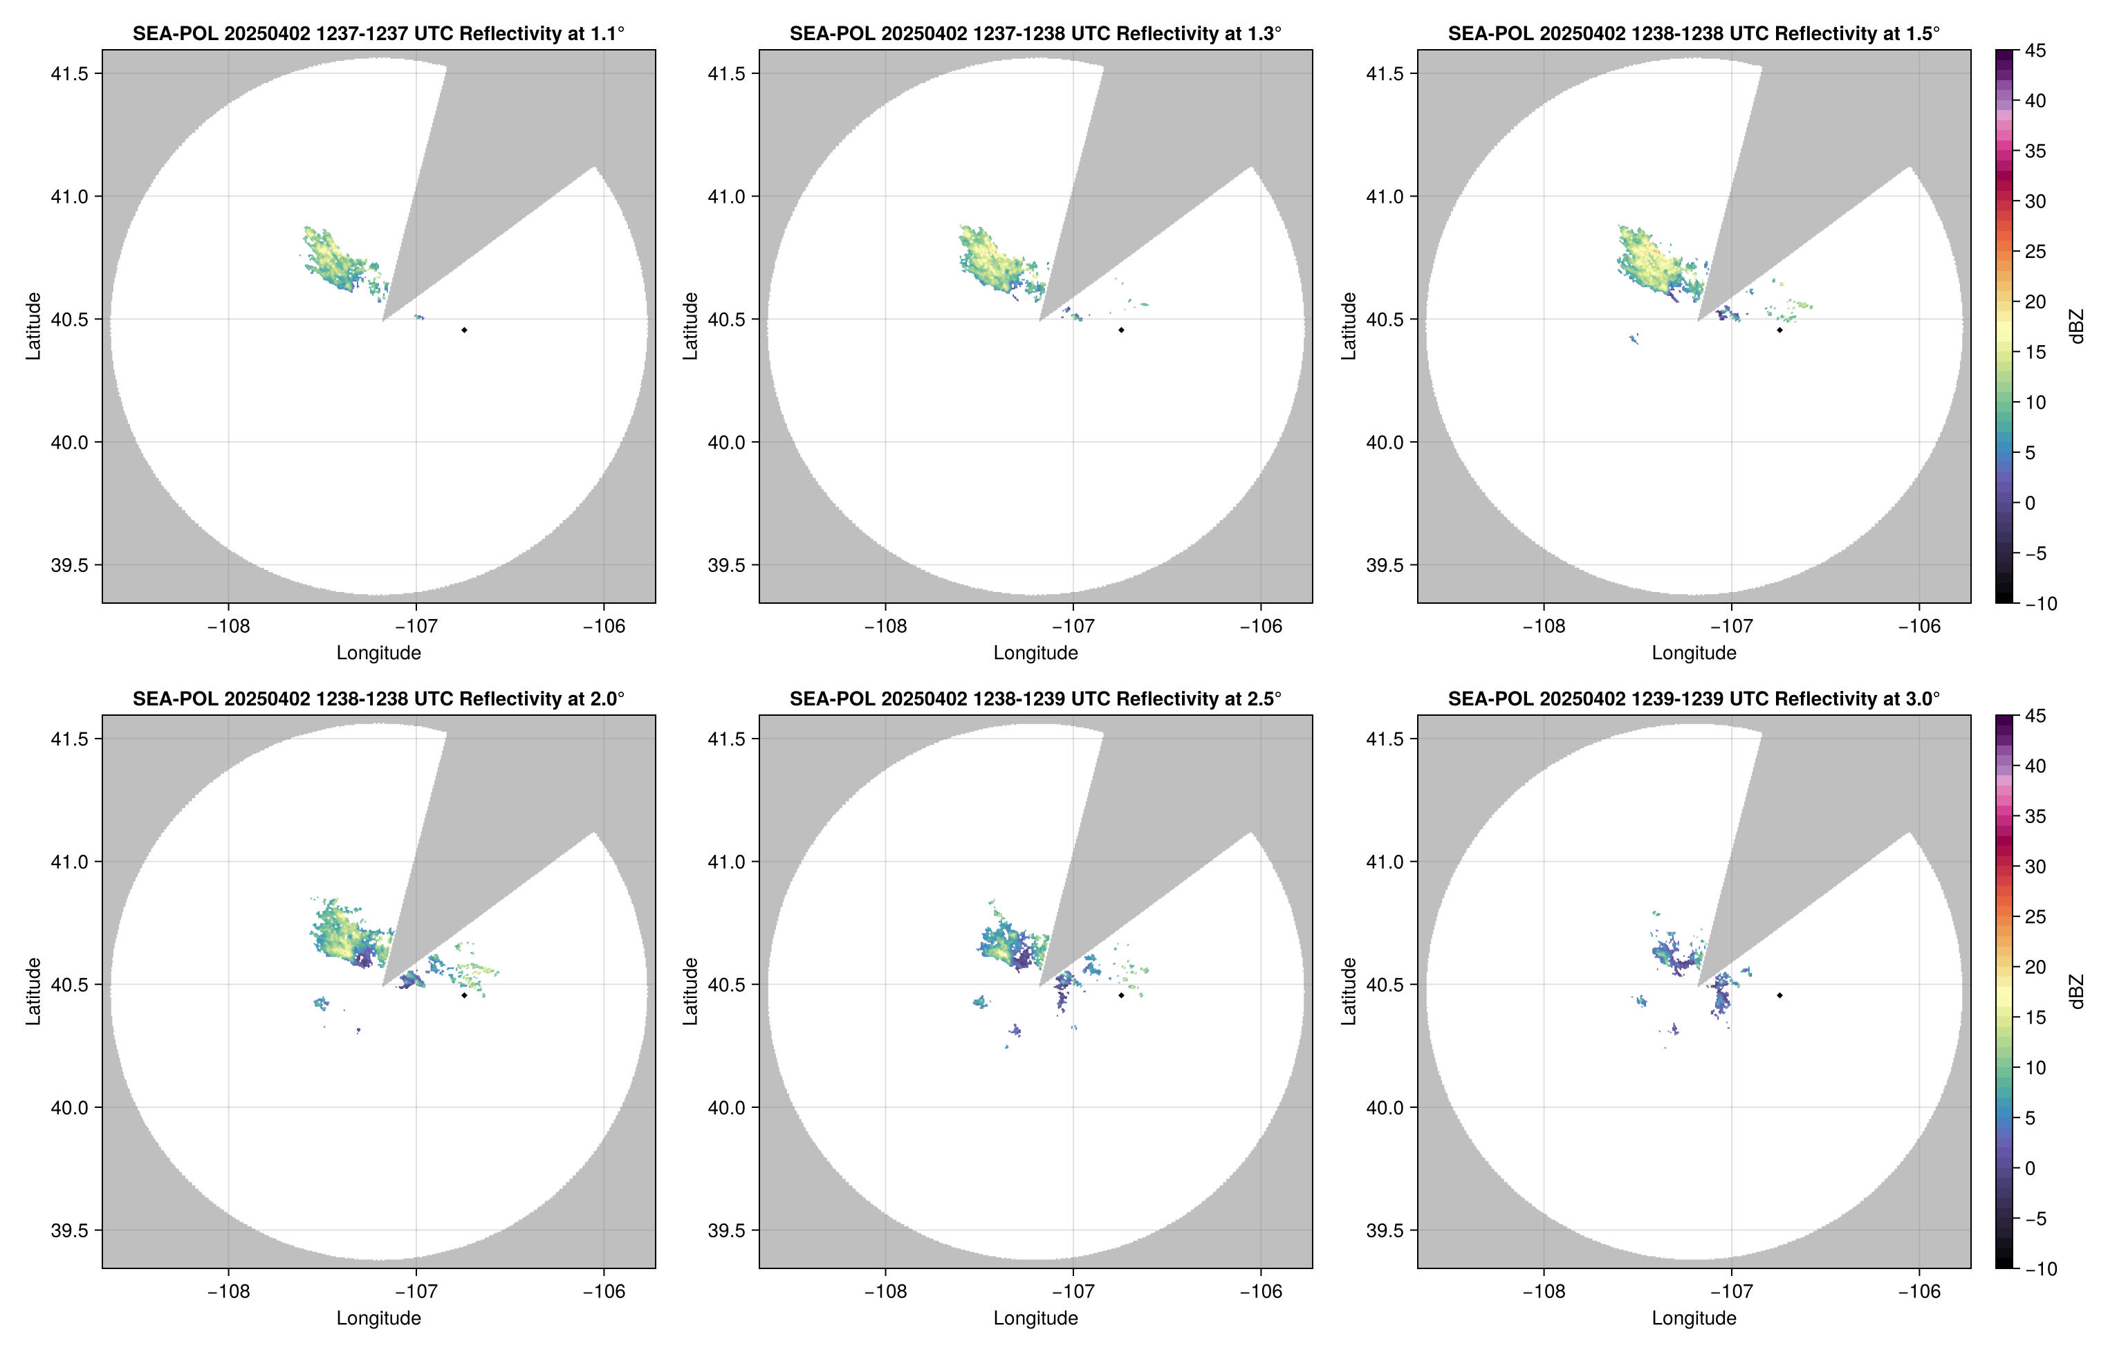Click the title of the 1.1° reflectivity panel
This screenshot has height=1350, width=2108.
pyautogui.click(x=378, y=33)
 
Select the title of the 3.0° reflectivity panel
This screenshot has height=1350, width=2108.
pyautogui.click(x=1694, y=699)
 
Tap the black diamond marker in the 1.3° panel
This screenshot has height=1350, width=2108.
pyautogui.click(x=1121, y=331)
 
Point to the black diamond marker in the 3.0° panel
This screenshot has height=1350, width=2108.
pyautogui.click(x=1779, y=995)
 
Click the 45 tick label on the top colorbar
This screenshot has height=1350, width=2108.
pyautogui.click(x=2035, y=51)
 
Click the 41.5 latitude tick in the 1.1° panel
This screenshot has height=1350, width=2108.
pyautogui.click(x=70, y=73)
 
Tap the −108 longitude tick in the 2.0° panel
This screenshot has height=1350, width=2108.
pyautogui.click(x=228, y=1291)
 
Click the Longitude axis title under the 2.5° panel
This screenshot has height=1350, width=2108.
pyautogui.click(x=1035, y=1317)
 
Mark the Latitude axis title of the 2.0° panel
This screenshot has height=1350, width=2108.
pyautogui.click(x=33, y=992)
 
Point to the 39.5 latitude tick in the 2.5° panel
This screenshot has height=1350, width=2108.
pyautogui.click(x=728, y=1230)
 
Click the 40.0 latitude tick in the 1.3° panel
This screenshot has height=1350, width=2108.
pyautogui.click(x=728, y=442)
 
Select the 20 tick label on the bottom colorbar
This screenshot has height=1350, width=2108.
pyautogui.click(x=2035, y=967)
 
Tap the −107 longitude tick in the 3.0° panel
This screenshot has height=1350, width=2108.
pyautogui.click(x=1731, y=1291)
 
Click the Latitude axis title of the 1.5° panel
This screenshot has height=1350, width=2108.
pyautogui.click(x=1349, y=326)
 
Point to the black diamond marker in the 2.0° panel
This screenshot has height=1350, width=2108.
pyautogui.click(x=463, y=995)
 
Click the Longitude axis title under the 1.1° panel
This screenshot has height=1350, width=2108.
pyautogui.click(x=378, y=652)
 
